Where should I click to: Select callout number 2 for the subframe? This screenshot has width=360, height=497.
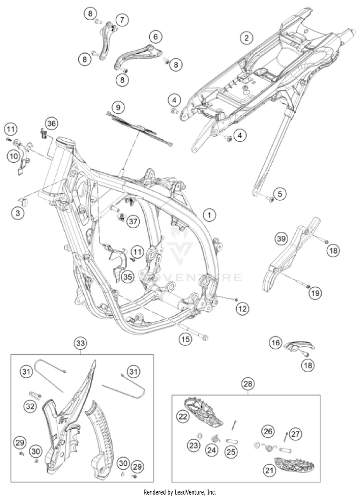pos(246,37)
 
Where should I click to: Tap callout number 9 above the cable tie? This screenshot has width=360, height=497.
pos(118,106)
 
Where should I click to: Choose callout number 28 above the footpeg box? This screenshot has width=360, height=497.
pos(248,384)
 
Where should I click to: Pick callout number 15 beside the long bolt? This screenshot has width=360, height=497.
pos(185,339)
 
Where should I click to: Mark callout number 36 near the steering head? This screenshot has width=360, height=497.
pos(51,124)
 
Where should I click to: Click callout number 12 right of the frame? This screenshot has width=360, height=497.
pos(242,309)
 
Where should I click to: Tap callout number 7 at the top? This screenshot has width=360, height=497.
pos(122,20)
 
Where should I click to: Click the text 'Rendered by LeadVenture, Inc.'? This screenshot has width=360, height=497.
pos(180,492)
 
